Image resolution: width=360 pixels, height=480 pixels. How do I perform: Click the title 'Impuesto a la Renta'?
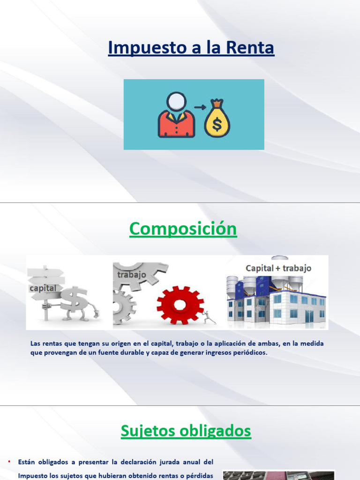[191, 48]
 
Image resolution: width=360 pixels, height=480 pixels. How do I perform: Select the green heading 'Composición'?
[183, 229]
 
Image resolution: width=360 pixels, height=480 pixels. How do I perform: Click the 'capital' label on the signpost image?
[43, 288]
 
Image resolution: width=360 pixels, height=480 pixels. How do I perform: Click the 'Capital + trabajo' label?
[278, 268]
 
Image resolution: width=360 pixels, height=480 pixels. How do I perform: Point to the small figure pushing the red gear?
[208, 317]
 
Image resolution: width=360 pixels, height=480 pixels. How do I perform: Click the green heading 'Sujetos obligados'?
[186, 431]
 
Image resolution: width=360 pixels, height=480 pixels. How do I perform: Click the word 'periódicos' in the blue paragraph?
[248, 352]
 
